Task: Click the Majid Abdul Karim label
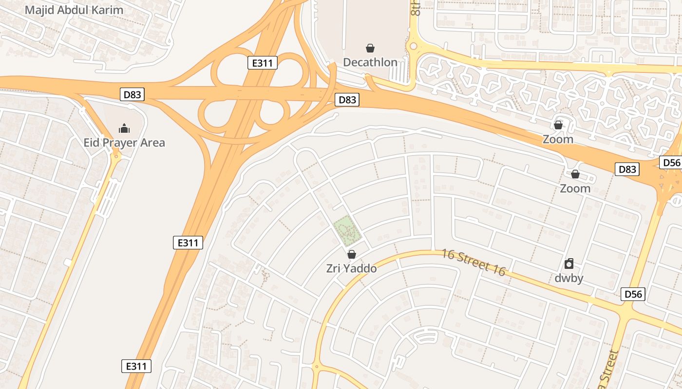click(x=74, y=10)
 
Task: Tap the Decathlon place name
click(x=370, y=62)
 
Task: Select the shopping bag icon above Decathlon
click(x=370, y=48)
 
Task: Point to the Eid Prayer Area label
click(x=124, y=142)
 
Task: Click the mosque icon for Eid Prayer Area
click(x=124, y=128)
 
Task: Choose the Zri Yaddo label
click(x=351, y=268)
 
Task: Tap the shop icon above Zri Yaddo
click(x=351, y=254)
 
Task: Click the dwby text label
click(x=569, y=279)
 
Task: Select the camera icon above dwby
click(x=568, y=264)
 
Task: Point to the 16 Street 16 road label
click(x=474, y=262)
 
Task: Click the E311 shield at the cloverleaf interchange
click(x=262, y=63)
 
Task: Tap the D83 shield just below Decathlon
click(x=347, y=100)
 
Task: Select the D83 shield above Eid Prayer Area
click(x=132, y=94)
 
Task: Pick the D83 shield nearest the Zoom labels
click(x=627, y=169)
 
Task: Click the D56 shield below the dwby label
click(x=634, y=294)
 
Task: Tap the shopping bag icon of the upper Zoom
click(x=558, y=125)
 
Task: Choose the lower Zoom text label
click(x=575, y=188)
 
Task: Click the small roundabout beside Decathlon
click(x=414, y=46)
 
